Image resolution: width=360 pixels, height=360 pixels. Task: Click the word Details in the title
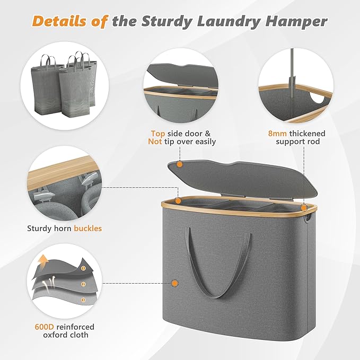click(58, 22)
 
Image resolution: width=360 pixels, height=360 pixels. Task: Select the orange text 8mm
click(278, 133)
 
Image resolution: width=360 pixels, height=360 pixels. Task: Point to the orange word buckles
click(88, 229)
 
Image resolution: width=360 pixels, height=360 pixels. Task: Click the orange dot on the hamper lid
click(179, 164)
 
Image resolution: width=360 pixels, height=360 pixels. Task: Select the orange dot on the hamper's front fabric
click(175, 284)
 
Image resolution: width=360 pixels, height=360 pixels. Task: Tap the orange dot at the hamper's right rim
click(303, 208)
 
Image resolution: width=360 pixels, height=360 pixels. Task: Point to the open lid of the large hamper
click(244, 172)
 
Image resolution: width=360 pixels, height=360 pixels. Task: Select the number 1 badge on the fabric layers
click(83, 269)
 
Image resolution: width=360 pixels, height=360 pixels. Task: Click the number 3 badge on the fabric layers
click(83, 300)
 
